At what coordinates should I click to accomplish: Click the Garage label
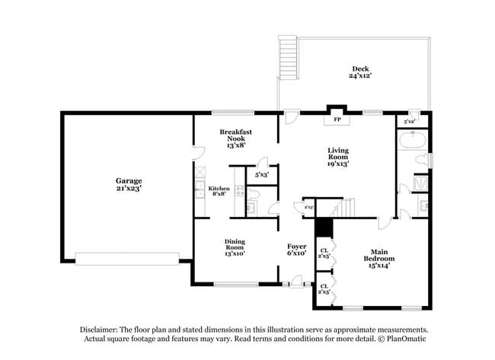coord(129,183)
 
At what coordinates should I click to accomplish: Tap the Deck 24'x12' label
coord(360,72)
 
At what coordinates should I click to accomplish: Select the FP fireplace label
coord(336,120)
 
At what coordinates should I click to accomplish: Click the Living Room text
coord(338,156)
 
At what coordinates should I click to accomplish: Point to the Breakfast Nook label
coord(235,139)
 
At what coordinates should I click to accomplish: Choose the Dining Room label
coord(235,247)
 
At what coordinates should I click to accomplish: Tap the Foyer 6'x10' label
coord(296,250)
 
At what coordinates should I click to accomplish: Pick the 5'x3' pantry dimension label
coord(261,174)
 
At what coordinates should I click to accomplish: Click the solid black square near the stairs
coord(324,228)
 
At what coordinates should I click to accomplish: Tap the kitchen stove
coord(239,193)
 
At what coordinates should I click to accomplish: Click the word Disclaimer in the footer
coord(104,330)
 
